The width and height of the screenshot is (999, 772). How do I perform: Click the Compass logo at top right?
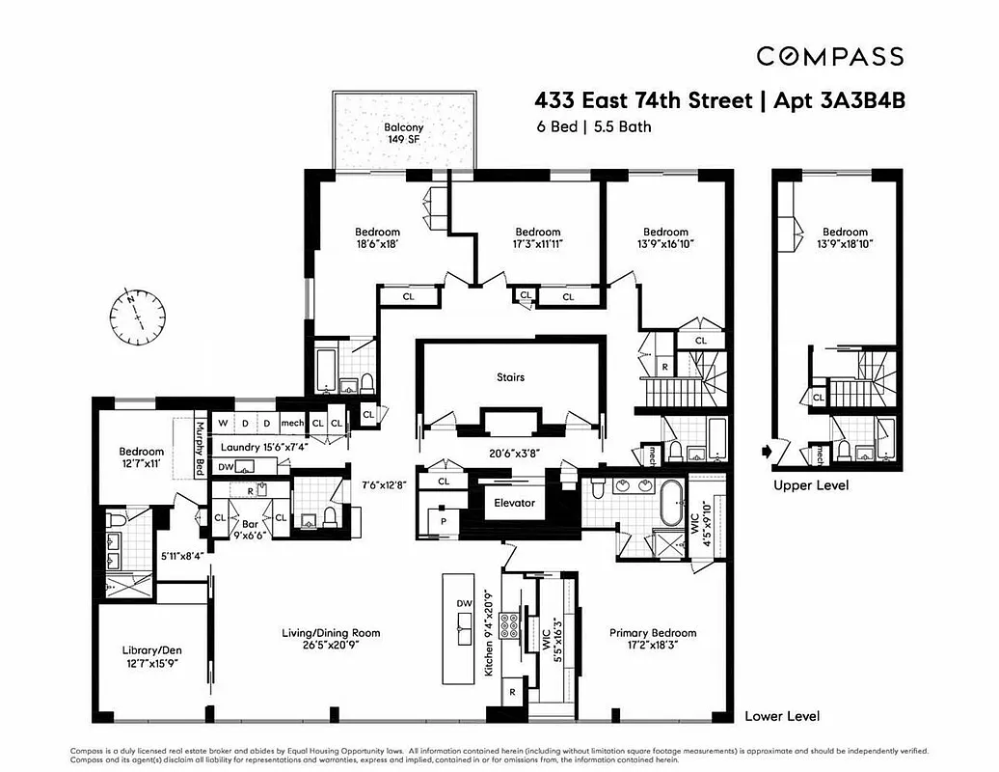[x=829, y=57]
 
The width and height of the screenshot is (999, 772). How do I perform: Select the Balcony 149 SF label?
[x=403, y=132]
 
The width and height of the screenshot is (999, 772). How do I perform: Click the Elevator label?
[x=514, y=503]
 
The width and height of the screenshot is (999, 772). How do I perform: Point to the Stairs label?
[x=510, y=377]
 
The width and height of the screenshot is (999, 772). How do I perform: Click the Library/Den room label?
[x=152, y=656]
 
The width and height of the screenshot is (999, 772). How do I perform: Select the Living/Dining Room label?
[x=331, y=640]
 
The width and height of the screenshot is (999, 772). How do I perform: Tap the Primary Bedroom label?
[x=652, y=640]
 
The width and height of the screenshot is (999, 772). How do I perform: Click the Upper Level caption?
[x=811, y=485]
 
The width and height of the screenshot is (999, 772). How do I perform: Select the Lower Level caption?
[x=782, y=716]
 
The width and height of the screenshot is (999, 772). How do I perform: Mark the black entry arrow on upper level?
[x=768, y=450]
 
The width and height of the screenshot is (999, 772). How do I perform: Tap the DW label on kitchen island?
[x=464, y=605]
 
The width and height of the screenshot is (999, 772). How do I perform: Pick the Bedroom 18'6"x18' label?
[x=377, y=237]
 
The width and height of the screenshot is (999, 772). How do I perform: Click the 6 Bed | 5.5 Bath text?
[x=594, y=126]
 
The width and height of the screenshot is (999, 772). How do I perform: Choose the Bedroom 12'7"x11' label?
[x=142, y=457]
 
